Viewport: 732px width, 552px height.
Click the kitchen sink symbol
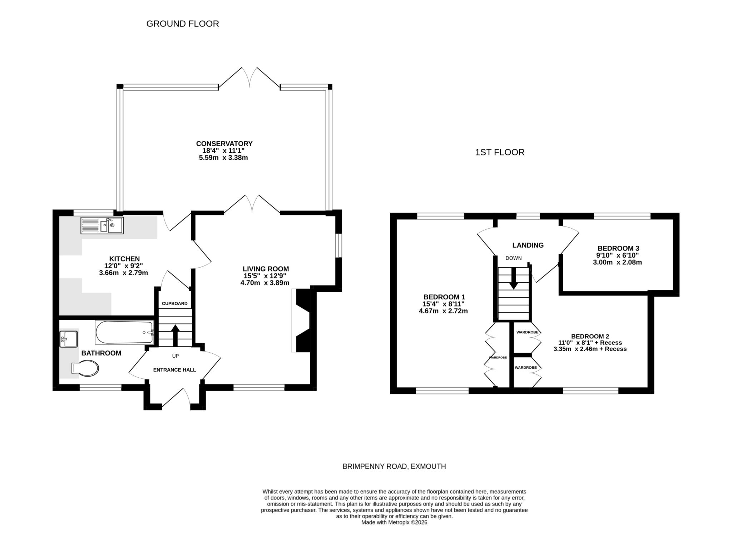[x=102, y=225]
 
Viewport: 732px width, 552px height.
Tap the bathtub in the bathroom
[x=124, y=332]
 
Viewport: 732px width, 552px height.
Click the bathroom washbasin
[x=69, y=339]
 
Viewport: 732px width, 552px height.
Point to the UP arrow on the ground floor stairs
[x=175, y=334]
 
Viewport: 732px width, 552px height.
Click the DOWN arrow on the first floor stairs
[x=514, y=279]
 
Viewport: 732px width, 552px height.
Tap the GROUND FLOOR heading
[x=183, y=24]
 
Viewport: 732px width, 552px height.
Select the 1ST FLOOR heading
[x=499, y=153]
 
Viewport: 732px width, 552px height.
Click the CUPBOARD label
[x=174, y=304]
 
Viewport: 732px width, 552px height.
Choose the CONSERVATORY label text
[x=224, y=144]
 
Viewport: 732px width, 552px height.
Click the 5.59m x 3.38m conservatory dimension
[x=223, y=158]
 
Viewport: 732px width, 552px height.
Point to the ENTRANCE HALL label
[x=174, y=370]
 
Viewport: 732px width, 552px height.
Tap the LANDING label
[x=528, y=245]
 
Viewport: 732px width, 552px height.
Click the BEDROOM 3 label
[x=618, y=248]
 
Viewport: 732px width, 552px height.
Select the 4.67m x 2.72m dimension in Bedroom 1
[x=443, y=311]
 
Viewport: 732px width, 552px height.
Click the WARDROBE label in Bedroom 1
[x=498, y=357]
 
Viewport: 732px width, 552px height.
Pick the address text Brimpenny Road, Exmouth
[x=394, y=466]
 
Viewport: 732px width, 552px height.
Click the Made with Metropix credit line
[x=394, y=522]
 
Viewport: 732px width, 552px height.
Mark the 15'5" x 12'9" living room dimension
[x=265, y=276]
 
